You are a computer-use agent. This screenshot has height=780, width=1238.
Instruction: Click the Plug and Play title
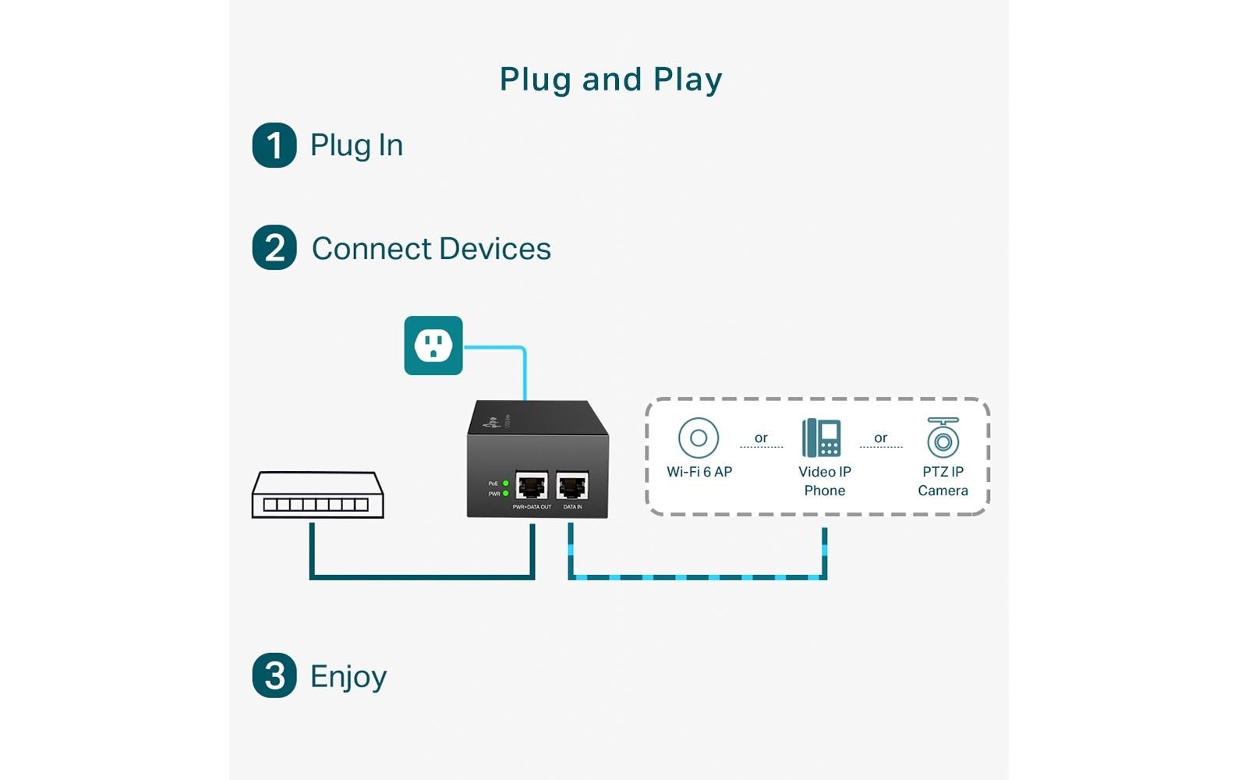point(610,80)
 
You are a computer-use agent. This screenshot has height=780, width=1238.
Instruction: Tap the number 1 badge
point(274,145)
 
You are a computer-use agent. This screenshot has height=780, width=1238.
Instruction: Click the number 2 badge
point(274,248)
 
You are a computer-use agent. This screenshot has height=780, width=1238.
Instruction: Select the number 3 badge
point(274,675)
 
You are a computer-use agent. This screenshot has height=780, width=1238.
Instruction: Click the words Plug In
point(356,145)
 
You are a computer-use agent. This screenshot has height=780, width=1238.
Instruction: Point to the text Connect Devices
point(431,249)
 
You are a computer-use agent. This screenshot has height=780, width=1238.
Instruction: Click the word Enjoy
point(348,676)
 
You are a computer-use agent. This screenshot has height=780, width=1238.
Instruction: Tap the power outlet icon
point(433,346)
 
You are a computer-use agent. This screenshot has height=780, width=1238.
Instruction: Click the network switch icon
point(317,495)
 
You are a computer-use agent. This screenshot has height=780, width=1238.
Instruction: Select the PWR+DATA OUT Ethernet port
point(532,486)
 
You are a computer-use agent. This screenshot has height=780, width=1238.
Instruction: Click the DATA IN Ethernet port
point(572,486)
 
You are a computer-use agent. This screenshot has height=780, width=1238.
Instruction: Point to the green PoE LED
point(505,484)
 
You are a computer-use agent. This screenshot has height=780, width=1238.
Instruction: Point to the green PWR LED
point(505,494)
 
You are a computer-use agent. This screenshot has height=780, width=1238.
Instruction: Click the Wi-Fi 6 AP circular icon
point(699,438)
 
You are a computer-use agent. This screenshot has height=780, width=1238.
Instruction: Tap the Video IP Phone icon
point(822,438)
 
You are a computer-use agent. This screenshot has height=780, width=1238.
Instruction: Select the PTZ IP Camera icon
point(943,438)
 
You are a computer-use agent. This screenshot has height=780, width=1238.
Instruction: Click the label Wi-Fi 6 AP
point(699,472)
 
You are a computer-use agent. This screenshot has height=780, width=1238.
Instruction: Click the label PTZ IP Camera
point(943,481)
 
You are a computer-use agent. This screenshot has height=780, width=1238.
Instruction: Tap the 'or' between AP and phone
point(761,438)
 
